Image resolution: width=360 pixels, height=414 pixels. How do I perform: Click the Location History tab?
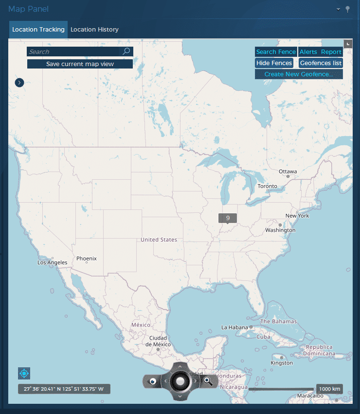[94, 30]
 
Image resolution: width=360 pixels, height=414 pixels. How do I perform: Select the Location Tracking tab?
[38, 30]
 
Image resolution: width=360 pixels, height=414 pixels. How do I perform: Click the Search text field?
[73, 52]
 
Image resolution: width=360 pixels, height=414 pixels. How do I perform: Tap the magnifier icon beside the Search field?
[126, 51]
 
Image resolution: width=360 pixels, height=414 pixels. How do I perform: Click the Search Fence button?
[276, 52]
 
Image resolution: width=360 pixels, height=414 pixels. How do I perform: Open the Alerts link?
[308, 52]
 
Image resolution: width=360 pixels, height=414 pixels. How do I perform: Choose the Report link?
[331, 52]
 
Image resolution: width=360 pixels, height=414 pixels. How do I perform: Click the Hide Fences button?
[274, 63]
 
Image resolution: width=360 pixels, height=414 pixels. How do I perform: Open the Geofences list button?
[321, 63]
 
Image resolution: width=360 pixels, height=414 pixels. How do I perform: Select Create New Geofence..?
[299, 74]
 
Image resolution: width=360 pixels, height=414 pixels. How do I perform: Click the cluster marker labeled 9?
[228, 218]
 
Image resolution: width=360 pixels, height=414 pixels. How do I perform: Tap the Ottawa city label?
[288, 172]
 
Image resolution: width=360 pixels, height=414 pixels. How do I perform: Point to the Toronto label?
[267, 186]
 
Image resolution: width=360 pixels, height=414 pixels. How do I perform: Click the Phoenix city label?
[87, 259]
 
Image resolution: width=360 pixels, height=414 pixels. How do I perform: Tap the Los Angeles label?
[53, 262]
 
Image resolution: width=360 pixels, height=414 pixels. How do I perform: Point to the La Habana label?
[235, 328]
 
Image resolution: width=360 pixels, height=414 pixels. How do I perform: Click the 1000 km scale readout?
[329, 389]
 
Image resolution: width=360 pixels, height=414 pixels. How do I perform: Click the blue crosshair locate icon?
[24, 374]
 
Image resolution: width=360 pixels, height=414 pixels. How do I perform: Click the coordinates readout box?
[64, 389]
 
